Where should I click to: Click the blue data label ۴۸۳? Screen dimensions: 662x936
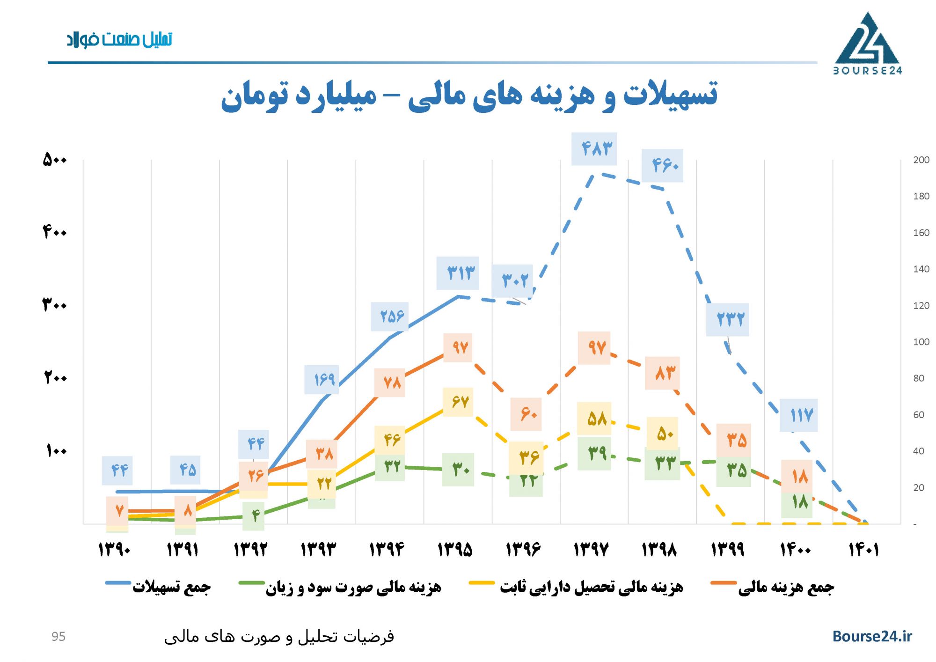[x=594, y=149]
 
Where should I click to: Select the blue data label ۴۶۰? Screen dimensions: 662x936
[x=662, y=165]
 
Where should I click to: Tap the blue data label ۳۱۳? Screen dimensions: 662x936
[x=458, y=273]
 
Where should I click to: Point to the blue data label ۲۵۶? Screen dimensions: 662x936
[x=389, y=316]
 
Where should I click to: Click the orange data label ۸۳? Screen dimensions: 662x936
[x=662, y=373]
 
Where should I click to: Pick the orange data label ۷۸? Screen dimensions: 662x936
[x=389, y=383]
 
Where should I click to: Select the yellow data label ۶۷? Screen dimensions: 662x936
[x=458, y=402]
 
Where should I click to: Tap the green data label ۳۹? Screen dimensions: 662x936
[x=594, y=453]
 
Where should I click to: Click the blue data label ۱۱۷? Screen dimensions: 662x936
[x=798, y=415]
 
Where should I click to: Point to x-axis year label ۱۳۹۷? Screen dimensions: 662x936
[x=591, y=549]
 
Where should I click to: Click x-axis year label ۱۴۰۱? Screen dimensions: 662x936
[x=863, y=549]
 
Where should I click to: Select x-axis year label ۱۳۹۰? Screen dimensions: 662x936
[x=114, y=549]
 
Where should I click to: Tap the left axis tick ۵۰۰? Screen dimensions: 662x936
[x=55, y=160]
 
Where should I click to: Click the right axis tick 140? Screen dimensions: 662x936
[x=921, y=269]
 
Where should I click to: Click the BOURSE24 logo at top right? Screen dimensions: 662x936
[x=867, y=44]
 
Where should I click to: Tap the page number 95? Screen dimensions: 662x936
[x=58, y=637]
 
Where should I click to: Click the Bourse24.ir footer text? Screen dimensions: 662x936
[x=872, y=636]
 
